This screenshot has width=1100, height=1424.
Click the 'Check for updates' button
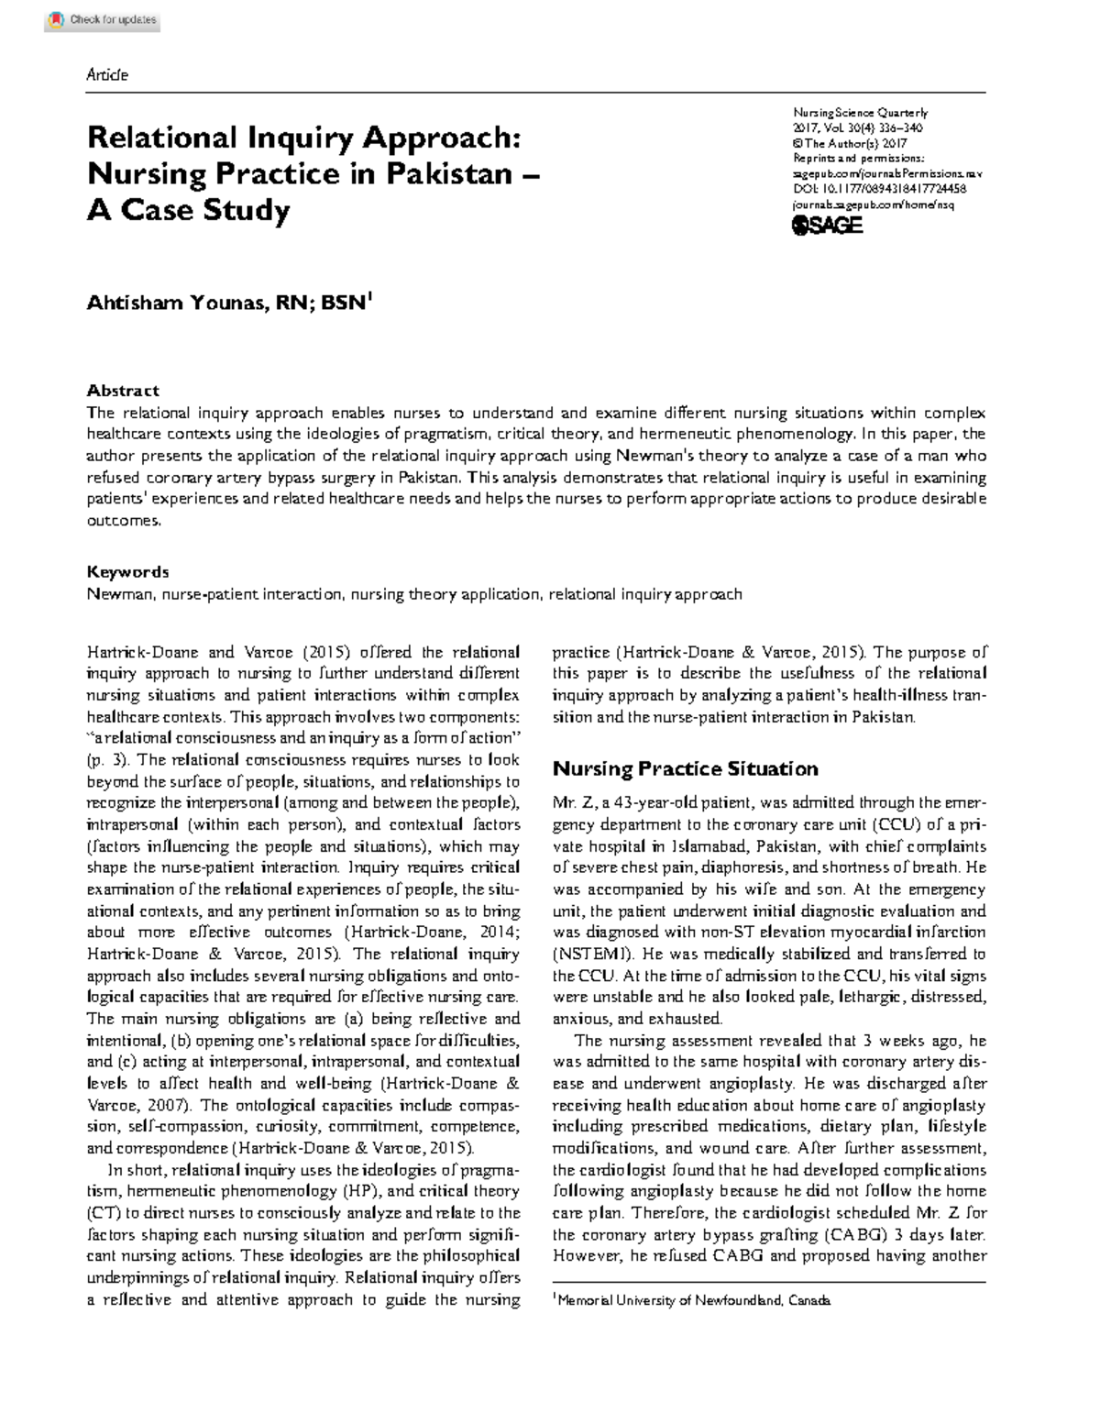coord(103,19)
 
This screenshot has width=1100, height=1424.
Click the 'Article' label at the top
coord(107,75)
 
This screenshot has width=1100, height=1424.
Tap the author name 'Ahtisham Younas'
coord(174,304)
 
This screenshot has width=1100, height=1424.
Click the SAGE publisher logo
coord(827,225)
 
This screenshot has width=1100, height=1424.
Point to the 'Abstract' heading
coord(123,390)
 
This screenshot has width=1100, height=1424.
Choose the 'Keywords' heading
coord(127,571)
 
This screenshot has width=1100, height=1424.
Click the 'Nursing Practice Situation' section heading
coord(685,768)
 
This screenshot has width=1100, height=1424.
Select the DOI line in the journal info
coord(878,189)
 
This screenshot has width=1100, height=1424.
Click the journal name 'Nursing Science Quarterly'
coord(860,113)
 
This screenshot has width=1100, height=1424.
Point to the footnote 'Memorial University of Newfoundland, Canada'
coord(694,1300)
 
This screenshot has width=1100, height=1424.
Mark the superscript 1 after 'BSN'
coord(369,296)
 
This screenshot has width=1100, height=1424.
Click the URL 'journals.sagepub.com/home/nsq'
coord(872,204)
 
